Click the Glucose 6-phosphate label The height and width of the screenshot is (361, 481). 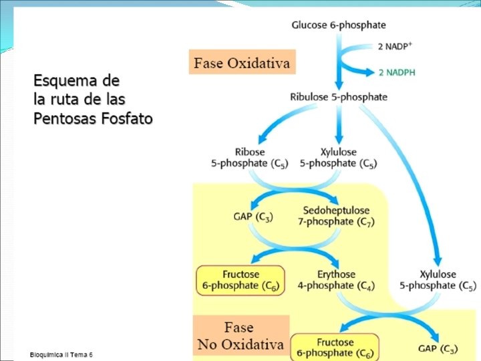(x=339, y=25)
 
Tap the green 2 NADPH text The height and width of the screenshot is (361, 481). (x=397, y=72)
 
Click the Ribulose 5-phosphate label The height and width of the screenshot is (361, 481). (x=339, y=97)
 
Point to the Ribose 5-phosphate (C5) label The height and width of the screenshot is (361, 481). (x=250, y=158)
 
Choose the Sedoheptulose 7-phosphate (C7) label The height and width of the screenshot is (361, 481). (x=336, y=216)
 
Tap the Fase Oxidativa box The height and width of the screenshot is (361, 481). (x=242, y=64)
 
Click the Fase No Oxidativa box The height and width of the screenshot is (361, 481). (x=240, y=336)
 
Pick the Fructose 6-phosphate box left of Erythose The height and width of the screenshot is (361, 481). (x=240, y=280)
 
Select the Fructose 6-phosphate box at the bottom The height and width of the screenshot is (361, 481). (x=335, y=347)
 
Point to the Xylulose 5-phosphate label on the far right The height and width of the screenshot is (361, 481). (x=438, y=280)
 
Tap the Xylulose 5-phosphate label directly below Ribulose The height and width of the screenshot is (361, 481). (x=338, y=158)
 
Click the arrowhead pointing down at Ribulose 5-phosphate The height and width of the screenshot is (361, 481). (x=339, y=85)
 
